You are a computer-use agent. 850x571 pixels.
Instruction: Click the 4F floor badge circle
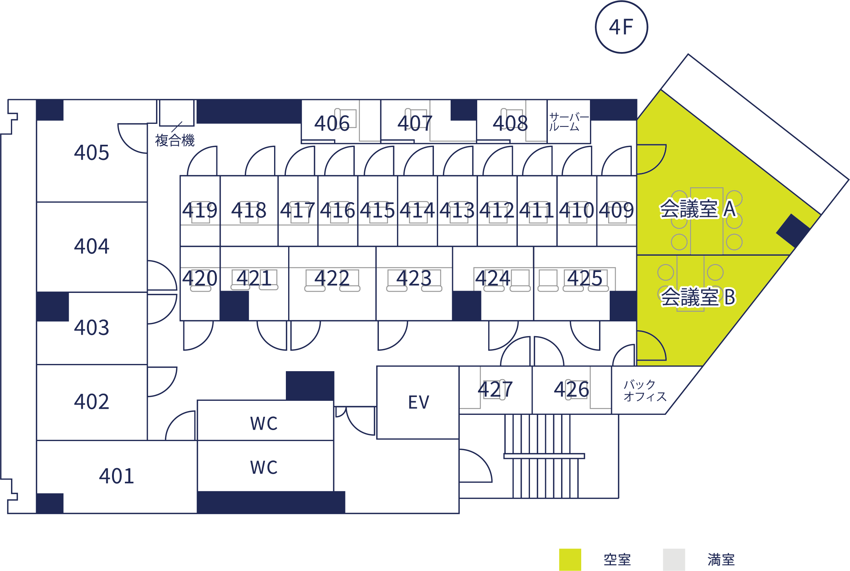click(x=621, y=27)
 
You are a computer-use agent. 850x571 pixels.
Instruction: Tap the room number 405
click(x=91, y=153)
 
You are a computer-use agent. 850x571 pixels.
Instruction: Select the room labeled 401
click(x=117, y=476)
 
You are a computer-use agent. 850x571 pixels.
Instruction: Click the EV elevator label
click(x=419, y=402)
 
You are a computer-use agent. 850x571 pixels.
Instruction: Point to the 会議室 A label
click(x=698, y=209)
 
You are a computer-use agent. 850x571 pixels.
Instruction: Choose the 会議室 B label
click(x=698, y=297)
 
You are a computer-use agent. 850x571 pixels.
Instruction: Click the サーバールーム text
click(x=568, y=122)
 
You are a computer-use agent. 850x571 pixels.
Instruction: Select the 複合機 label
click(x=175, y=140)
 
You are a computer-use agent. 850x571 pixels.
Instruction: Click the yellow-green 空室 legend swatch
click(x=570, y=560)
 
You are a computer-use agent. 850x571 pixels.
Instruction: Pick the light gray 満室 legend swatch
click(x=674, y=560)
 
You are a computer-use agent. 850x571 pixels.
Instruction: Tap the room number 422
click(x=332, y=278)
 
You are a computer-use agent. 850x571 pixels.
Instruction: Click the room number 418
click(x=249, y=210)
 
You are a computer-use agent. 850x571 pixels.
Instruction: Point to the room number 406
click(x=332, y=123)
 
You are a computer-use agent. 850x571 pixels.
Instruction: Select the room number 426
click(x=571, y=389)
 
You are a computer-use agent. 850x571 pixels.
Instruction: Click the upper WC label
click(x=264, y=423)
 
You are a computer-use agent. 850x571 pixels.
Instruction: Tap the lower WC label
click(x=264, y=467)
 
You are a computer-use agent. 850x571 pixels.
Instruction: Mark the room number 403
click(x=91, y=327)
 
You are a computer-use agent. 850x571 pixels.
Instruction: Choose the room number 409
click(x=616, y=210)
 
